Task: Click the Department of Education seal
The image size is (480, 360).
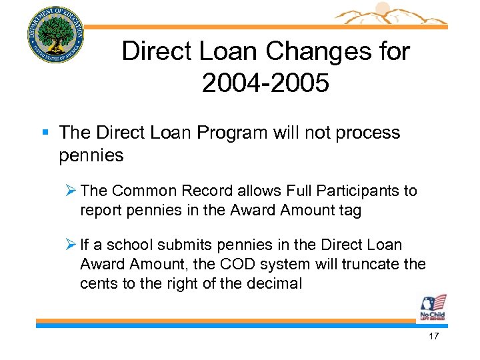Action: point(56,35)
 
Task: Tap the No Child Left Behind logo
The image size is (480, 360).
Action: point(432,308)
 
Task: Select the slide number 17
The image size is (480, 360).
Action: point(434,336)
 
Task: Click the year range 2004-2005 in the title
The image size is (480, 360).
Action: point(265,84)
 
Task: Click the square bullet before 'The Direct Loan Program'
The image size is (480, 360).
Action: point(46,133)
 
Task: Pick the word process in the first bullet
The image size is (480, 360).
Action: point(367,133)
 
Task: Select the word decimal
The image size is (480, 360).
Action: point(273,283)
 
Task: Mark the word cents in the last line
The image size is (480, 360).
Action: point(97,283)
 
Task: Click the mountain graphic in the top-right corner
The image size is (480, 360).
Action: point(393,15)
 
